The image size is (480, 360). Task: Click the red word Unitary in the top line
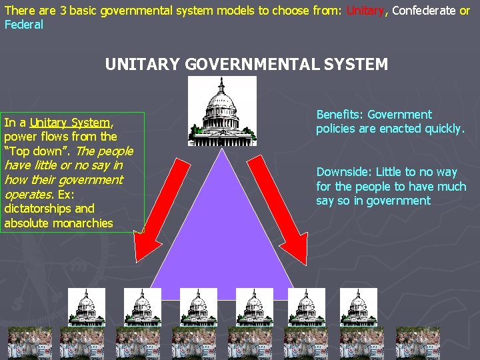pyautogui.click(x=365, y=11)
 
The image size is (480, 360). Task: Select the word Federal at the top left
pyautogui.click(x=24, y=25)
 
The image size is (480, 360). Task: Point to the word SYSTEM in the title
pyautogui.click(x=357, y=65)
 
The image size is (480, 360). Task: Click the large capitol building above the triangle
pyautogui.click(x=222, y=111)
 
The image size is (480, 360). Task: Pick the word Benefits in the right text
pyautogui.click(x=339, y=115)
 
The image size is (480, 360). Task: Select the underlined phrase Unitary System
pyautogui.click(x=70, y=123)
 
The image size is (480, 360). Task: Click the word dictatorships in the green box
pyautogui.click(x=39, y=209)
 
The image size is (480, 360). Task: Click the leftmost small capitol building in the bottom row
pyautogui.click(x=86, y=307)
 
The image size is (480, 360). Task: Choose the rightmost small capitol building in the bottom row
pyautogui.click(x=358, y=307)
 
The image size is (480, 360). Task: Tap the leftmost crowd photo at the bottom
pyautogui.click(x=29, y=343)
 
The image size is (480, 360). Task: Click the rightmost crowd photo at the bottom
pyautogui.click(x=417, y=343)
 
